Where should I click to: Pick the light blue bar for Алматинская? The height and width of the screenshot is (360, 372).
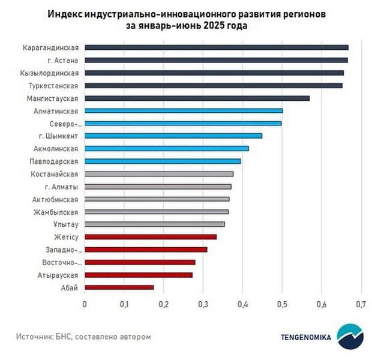183,110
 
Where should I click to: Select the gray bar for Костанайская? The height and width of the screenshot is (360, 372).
158,174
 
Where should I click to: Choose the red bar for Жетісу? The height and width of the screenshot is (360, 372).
150,237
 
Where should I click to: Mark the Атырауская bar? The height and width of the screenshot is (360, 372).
138,275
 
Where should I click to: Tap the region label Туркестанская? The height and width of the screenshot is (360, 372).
55,85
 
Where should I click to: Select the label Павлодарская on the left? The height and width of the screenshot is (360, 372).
55,161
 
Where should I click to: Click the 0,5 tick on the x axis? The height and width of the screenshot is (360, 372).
282,304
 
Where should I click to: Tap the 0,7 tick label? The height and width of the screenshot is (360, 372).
361,304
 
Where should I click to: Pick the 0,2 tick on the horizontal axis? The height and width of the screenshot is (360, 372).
163,304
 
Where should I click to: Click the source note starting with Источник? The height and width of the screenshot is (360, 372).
83,336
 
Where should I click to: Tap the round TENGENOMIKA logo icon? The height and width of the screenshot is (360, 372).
349,337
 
